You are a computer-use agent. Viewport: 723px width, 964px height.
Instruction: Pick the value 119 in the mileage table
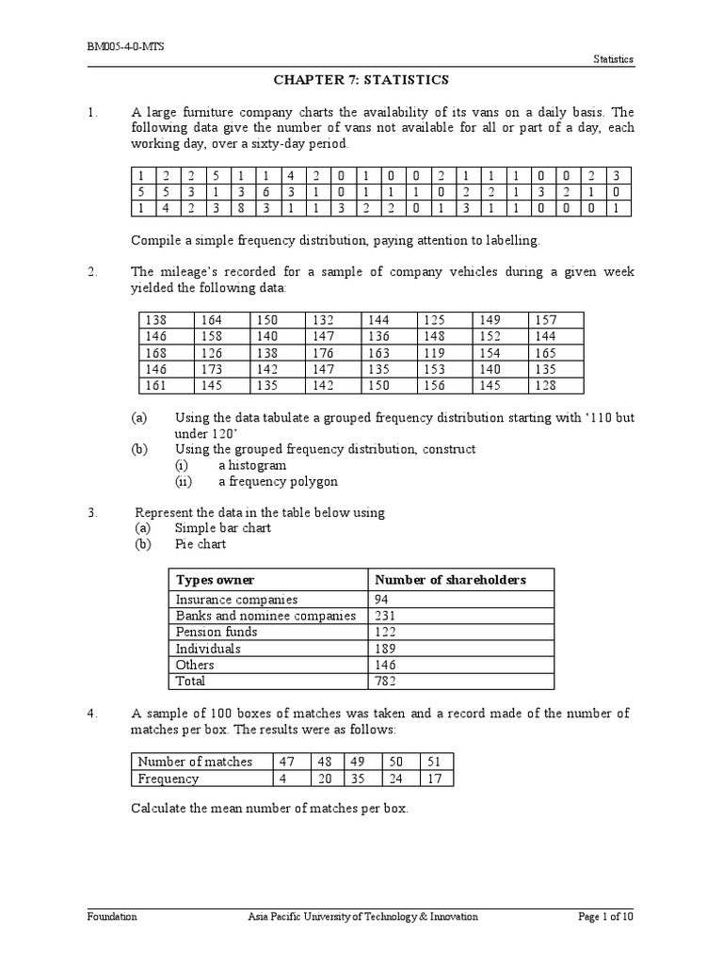(432, 352)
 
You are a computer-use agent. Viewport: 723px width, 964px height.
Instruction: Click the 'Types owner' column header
(215, 580)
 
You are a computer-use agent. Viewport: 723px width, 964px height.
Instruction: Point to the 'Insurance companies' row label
(236, 600)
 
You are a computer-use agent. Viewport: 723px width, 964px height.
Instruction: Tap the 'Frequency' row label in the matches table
(169, 779)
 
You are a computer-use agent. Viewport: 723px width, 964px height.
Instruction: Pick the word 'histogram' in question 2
(252, 465)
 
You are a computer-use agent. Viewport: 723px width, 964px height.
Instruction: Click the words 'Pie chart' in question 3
(201, 544)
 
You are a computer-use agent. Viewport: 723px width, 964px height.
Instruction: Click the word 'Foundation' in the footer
(112, 916)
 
